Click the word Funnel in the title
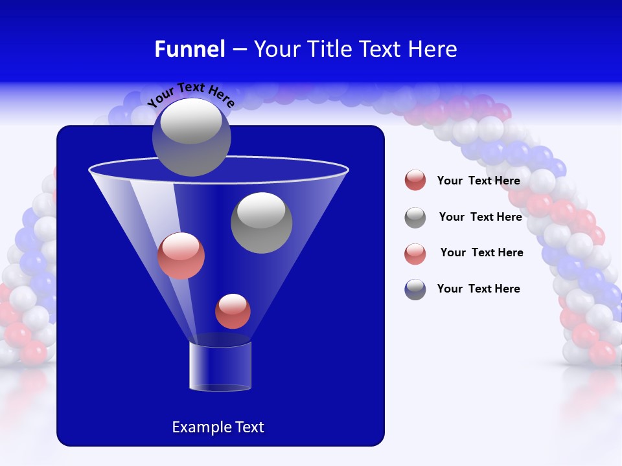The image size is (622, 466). click(190, 49)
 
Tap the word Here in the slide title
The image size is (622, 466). click(432, 49)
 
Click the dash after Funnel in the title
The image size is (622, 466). click(238, 50)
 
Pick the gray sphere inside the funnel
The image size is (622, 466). click(262, 223)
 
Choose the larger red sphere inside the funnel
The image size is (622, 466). click(181, 256)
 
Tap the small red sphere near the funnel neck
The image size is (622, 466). click(233, 311)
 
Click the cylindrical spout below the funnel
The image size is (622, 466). click(220, 366)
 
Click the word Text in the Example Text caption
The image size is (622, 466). click(249, 427)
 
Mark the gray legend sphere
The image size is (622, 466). click(415, 217)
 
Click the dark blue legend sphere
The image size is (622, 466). click(415, 289)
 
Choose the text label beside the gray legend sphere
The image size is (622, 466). click(480, 217)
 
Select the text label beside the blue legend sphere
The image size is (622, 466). click(479, 289)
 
